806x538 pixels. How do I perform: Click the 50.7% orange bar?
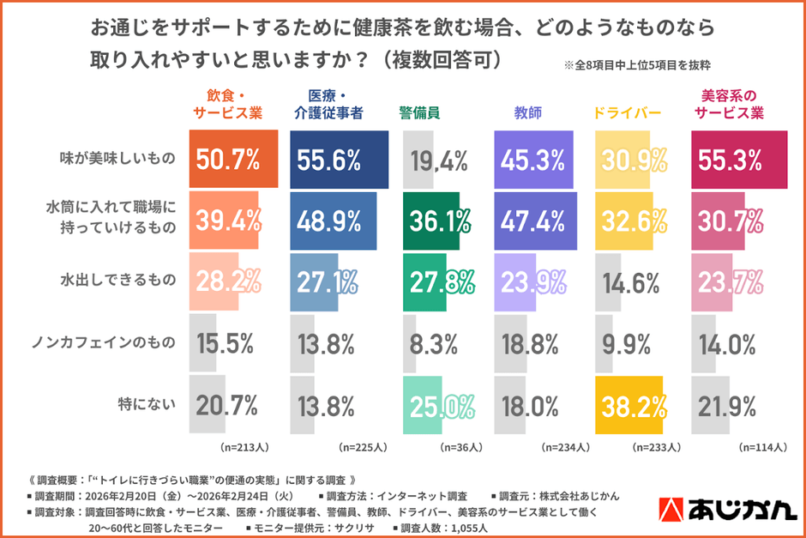tap(233, 159)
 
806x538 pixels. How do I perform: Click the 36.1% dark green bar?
tap(431, 221)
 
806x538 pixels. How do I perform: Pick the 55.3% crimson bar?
tap(738, 159)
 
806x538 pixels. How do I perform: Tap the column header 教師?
tap(527, 113)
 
